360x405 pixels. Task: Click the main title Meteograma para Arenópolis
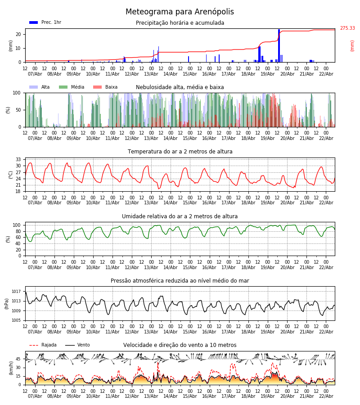click(x=180, y=12)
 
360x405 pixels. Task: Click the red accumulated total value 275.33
click(x=347, y=28)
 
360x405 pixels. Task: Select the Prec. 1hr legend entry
click(x=45, y=22)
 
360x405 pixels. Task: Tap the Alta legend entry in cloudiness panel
click(x=40, y=87)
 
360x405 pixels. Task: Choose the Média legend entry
click(x=72, y=87)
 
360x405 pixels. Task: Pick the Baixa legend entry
click(x=105, y=87)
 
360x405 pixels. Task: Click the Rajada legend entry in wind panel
click(x=43, y=345)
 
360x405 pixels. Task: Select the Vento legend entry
click(x=77, y=345)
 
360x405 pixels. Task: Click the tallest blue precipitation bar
click(x=279, y=45)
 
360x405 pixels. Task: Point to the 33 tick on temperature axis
click(x=18, y=160)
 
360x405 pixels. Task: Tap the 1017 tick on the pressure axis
click(x=17, y=292)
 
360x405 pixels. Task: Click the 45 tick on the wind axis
click(x=18, y=359)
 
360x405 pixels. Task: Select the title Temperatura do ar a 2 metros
click(x=180, y=152)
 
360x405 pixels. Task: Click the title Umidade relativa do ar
click(x=180, y=216)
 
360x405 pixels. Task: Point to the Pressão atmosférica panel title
click(x=180, y=281)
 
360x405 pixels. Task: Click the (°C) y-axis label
click(x=11, y=175)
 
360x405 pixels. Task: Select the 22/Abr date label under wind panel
click(x=326, y=396)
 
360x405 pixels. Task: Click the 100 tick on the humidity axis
click(x=17, y=225)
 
